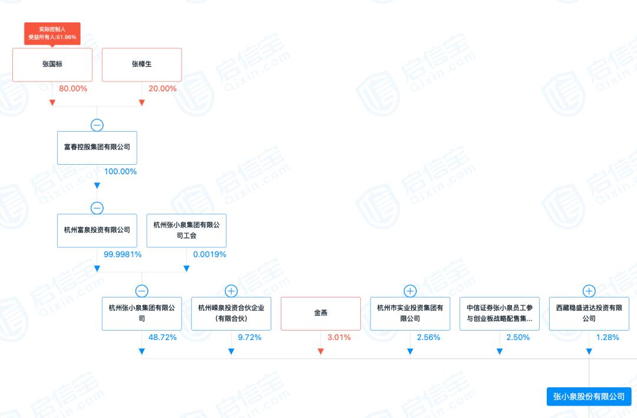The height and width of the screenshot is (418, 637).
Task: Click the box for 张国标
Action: (52, 64)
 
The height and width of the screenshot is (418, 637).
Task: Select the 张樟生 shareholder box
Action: (142, 64)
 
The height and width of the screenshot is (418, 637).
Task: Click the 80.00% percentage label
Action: (73, 89)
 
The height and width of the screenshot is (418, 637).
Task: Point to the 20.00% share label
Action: (163, 89)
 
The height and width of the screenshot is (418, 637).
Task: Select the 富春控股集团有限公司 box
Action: (97, 148)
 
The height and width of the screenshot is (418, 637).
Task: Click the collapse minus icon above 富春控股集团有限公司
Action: (97, 125)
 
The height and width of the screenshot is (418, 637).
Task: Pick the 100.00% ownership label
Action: (120, 172)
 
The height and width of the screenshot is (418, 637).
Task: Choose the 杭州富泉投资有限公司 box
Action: (97, 230)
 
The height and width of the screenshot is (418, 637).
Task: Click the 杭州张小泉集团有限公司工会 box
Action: (186, 230)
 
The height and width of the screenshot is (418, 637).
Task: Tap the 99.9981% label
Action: (123, 254)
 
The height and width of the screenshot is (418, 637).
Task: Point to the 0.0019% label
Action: (210, 254)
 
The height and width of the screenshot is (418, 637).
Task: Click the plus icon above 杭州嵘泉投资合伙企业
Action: (231, 290)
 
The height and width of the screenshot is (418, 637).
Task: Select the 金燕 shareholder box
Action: (320, 314)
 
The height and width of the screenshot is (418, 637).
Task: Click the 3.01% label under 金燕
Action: (339, 338)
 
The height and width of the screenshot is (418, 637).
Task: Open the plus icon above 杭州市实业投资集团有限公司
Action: (410, 290)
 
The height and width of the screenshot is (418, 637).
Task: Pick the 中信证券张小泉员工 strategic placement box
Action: (500, 314)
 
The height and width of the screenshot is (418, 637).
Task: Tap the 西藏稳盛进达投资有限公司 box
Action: (589, 314)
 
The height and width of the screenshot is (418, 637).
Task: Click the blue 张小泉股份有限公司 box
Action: (589, 397)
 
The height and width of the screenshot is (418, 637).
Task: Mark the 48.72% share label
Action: (163, 338)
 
